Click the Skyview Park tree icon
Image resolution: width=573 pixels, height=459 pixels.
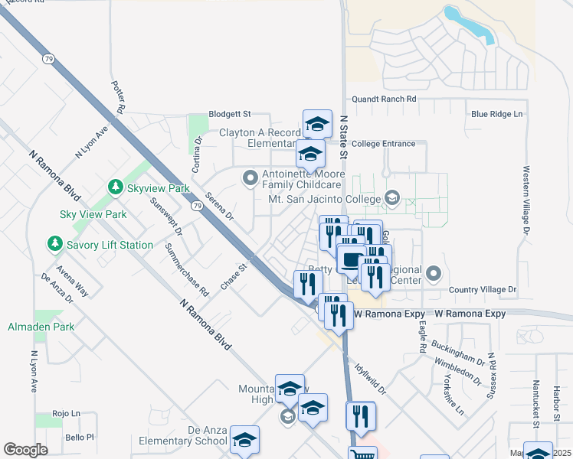(115, 187)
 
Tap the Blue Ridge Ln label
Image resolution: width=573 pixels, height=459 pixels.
(496, 114)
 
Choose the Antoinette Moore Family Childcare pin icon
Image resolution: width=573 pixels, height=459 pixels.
(250, 179)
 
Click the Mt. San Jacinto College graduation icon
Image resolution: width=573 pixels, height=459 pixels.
(391, 199)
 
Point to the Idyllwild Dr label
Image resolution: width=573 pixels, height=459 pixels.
(371, 376)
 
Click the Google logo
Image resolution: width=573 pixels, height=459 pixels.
(25, 450)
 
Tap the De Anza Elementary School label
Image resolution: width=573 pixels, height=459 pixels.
(184, 435)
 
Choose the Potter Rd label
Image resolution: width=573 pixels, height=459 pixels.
(118, 97)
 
